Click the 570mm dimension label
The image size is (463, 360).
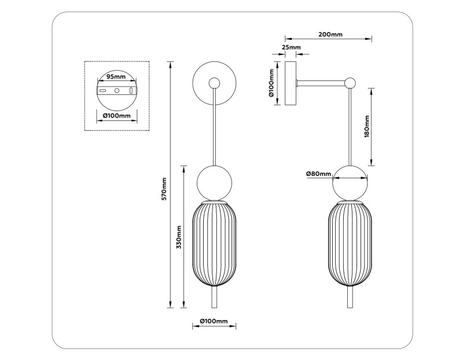point(164,189)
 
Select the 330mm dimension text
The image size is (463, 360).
point(179,238)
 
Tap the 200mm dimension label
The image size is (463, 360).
point(330,35)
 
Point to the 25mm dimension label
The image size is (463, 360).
point(291,47)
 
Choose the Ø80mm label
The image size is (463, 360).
point(318,174)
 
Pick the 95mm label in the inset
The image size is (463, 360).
point(116,76)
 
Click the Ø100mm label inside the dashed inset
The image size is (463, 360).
point(116,116)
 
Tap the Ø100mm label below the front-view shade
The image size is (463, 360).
point(214,321)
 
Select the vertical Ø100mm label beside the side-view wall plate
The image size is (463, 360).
point(271,83)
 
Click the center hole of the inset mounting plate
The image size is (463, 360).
point(116,91)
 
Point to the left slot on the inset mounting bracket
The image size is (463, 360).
point(102,91)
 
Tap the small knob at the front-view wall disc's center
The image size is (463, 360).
point(215,83)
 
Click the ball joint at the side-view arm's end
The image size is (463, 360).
point(350,83)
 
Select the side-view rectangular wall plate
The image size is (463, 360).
point(289,83)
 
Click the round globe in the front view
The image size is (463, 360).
point(215,182)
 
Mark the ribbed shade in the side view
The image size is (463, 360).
point(350,244)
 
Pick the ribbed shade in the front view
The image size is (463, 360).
point(215,244)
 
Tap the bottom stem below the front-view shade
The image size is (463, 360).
point(215,299)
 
